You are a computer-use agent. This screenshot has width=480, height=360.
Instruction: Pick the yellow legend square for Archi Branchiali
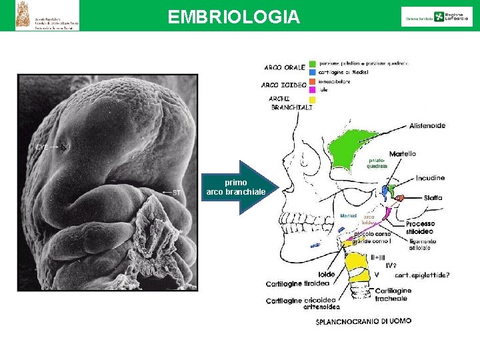coord(313,100)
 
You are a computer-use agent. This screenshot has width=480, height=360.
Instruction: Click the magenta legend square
coord(313,88)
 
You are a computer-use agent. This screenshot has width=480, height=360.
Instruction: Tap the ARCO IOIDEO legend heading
coord(284,85)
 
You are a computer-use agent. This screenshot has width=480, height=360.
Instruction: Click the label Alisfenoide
coord(428,125)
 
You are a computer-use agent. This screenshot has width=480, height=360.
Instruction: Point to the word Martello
coord(403,154)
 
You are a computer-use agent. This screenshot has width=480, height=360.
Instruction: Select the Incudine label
coord(430,178)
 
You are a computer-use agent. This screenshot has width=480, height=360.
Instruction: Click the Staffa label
coord(432,198)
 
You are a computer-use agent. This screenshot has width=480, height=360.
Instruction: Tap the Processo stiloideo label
coord(420,228)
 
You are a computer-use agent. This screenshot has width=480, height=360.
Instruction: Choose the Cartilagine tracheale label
coord(393,295)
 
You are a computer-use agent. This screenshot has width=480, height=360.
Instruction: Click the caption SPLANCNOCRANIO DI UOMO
coord(363,321)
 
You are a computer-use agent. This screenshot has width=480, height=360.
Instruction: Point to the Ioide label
coord(327,274)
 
